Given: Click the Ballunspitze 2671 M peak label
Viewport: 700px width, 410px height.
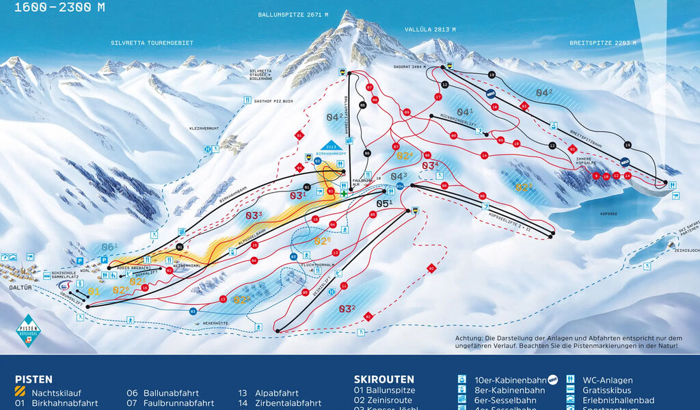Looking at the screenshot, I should (x=293, y=14).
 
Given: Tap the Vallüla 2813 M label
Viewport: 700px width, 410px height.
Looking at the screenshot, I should (x=431, y=29).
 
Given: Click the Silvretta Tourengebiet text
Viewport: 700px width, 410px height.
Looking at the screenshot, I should (x=152, y=42).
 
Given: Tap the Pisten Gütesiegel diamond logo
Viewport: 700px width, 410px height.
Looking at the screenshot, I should (x=29, y=331).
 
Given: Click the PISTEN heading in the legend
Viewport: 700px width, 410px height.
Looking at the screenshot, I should (x=33, y=379).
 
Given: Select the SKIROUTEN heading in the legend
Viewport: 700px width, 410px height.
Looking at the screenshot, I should (x=383, y=379).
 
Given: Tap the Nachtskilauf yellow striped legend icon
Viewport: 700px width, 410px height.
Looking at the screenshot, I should (x=21, y=392).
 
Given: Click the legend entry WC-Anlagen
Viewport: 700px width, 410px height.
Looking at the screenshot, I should (x=607, y=380).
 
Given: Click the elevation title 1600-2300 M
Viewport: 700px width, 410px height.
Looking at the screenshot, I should (x=59, y=8).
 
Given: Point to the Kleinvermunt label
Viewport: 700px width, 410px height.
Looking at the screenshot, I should (x=205, y=128).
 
